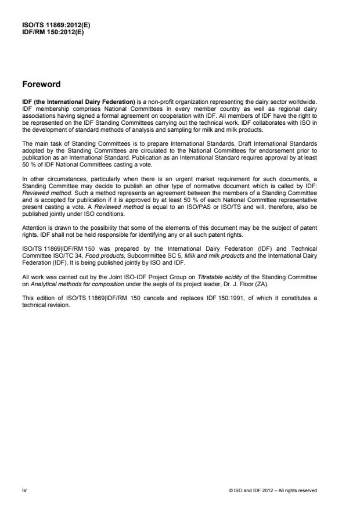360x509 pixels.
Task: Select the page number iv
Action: coord(24,490)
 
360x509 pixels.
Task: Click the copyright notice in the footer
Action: coord(272,490)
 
